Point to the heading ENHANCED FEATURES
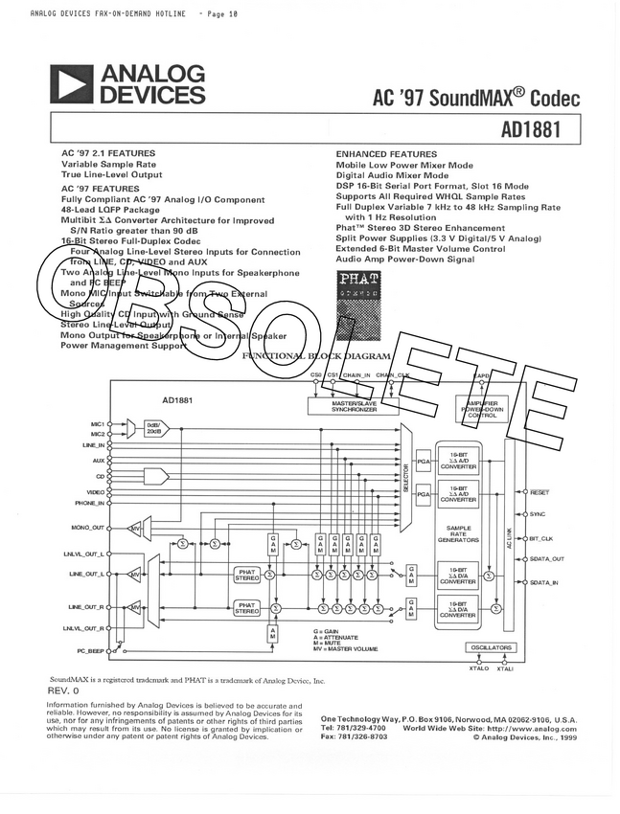click(x=386, y=154)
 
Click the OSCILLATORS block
click(x=491, y=648)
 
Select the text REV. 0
click(x=63, y=690)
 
